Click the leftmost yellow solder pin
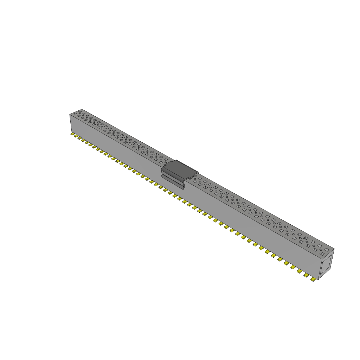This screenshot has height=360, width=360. click(72, 134)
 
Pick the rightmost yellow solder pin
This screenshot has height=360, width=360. click(313, 279)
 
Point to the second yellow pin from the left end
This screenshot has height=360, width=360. click(76, 136)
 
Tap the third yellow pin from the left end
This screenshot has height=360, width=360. click(79, 138)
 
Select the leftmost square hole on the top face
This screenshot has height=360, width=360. click(75, 115)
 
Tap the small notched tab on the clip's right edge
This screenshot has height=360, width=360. click(192, 178)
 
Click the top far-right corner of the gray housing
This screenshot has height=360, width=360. click(334, 249)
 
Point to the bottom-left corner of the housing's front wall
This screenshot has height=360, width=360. click(70, 132)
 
